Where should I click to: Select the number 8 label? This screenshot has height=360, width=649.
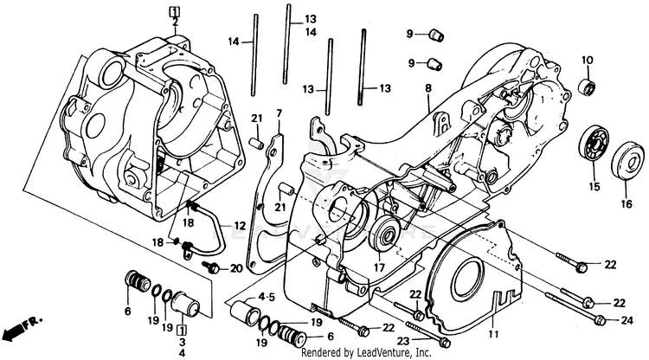[427, 88]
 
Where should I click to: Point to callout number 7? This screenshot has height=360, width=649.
[279, 113]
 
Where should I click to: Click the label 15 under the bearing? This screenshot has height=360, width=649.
[594, 187]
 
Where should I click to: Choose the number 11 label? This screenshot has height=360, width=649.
[494, 333]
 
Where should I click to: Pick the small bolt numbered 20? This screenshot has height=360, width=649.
[212, 268]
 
